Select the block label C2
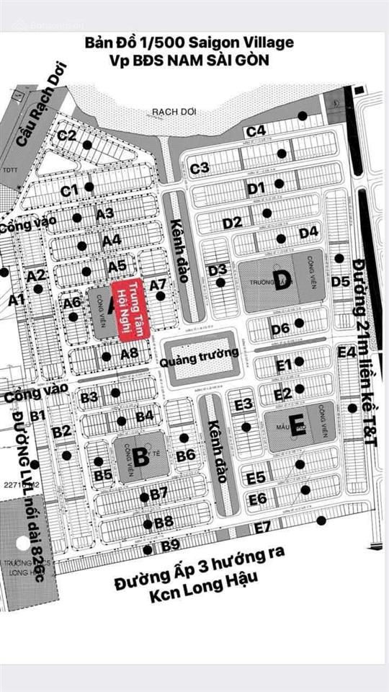click(67, 135)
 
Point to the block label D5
click(341, 281)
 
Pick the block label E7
click(262, 527)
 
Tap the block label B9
click(171, 546)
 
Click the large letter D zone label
click(282, 282)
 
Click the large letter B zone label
click(140, 456)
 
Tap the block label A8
click(130, 353)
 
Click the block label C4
click(256, 131)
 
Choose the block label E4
click(347, 352)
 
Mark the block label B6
click(186, 456)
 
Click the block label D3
click(218, 270)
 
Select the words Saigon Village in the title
click(251, 43)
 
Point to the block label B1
click(38, 415)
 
